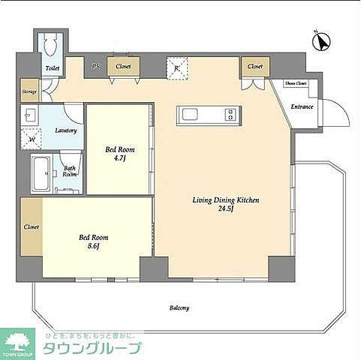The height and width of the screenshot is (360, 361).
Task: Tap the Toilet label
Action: pyautogui.click(x=52, y=68)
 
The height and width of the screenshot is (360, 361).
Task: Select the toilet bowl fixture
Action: pyautogui.click(x=50, y=46)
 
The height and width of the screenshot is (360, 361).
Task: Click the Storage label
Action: pyautogui.click(x=29, y=93)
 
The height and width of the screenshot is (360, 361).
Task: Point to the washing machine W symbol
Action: pyautogui.click(x=32, y=139)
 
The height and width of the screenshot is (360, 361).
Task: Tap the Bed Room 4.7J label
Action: pyautogui.click(x=119, y=153)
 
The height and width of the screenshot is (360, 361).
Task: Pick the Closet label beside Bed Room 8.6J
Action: pyautogui.click(x=31, y=226)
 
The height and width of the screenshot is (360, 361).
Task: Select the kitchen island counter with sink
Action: pyautogui.click(x=207, y=115)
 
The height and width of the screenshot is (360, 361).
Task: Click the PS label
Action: pyautogui.click(x=95, y=67)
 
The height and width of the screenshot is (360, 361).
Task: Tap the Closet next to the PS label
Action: pyautogui.click(x=123, y=67)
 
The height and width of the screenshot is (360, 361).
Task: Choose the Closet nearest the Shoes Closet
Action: pyautogui.click(x=255, y=67)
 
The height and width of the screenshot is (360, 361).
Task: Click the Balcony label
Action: pyautogui.click(x=178, y=307)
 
